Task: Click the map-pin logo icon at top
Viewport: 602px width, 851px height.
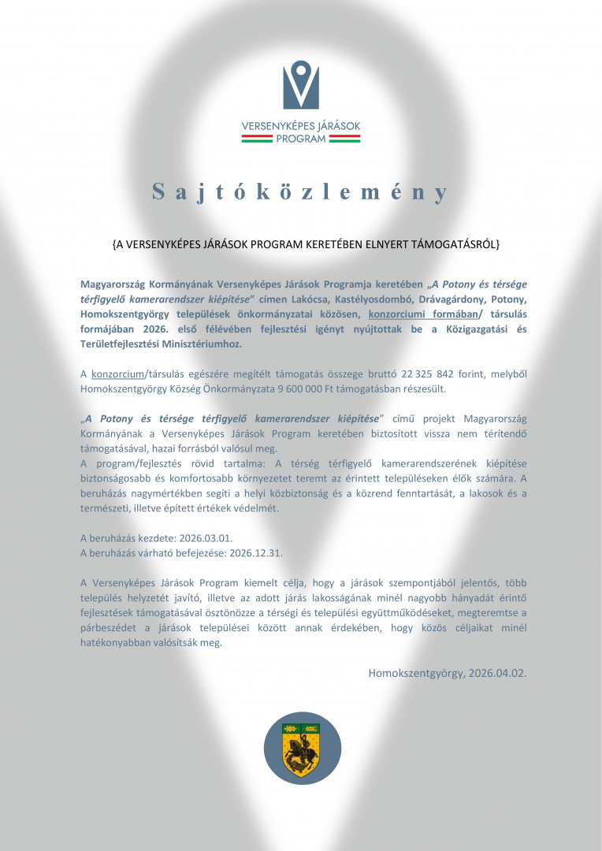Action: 301,85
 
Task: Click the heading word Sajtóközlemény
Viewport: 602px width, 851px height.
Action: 301,192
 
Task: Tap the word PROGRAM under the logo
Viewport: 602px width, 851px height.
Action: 301,139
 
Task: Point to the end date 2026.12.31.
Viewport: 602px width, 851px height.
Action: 255,552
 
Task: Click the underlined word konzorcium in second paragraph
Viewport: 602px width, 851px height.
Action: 117,373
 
